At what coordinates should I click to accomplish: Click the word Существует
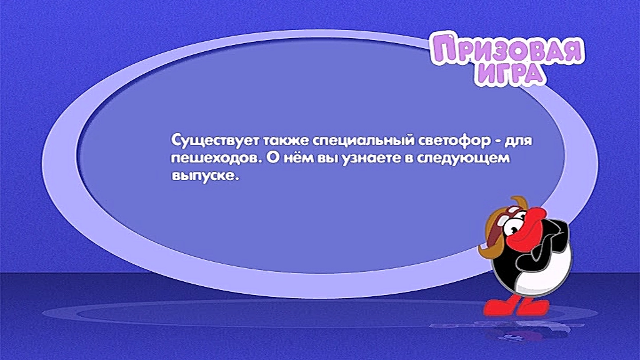click(215, 141)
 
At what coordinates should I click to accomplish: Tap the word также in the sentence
click(286, 141)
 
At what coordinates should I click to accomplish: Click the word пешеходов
click(215, 158)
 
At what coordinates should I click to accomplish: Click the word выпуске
click(204, 176)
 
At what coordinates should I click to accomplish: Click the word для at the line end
click(519, 141)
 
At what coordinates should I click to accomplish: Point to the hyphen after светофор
click(498, 142)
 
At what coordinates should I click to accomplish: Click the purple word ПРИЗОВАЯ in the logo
click(508, 50)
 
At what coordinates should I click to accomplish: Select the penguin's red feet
click(516, 306)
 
